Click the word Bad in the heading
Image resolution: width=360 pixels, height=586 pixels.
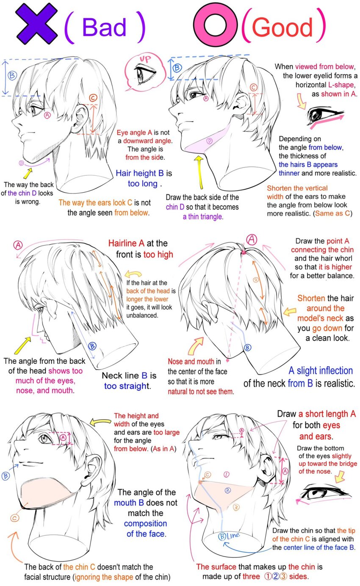click(x=104, y=27)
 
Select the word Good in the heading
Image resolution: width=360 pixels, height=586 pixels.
click(x=282, y=27)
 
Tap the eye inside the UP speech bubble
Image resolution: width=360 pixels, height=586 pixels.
click(x=145, y=74)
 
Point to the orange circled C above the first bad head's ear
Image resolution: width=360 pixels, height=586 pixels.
click(x=93, y=98)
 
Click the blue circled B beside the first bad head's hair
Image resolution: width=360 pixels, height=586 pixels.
click(x=12, y=76)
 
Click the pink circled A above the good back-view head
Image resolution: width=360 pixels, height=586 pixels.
click(x=252, y=239)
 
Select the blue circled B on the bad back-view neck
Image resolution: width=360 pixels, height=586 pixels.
click(x=92, y=346)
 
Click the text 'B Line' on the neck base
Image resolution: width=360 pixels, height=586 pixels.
click(x=229, y=536)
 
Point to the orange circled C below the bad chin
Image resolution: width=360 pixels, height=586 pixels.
click(x=15, y=518)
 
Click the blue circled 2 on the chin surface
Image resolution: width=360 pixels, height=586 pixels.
click(x=227, y=490)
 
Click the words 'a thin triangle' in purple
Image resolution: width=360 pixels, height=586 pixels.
click(x=203, y=217)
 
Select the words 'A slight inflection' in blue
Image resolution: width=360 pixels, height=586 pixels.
click(x=321, y=371)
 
